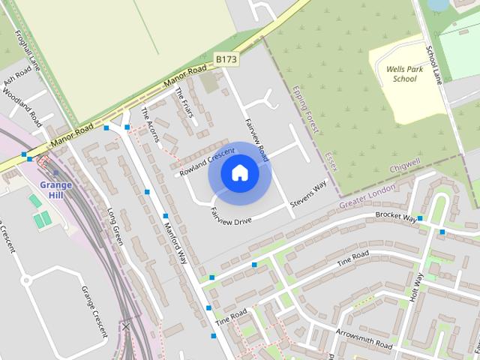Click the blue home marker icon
pos(239,173)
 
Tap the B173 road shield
pos(226,58)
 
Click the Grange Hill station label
pos(55,190)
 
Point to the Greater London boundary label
pos(367,196)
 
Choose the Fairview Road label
pos(256,139)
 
